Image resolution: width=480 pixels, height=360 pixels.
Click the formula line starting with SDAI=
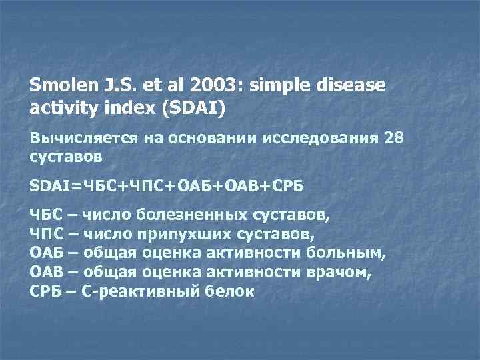coord(167,185)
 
